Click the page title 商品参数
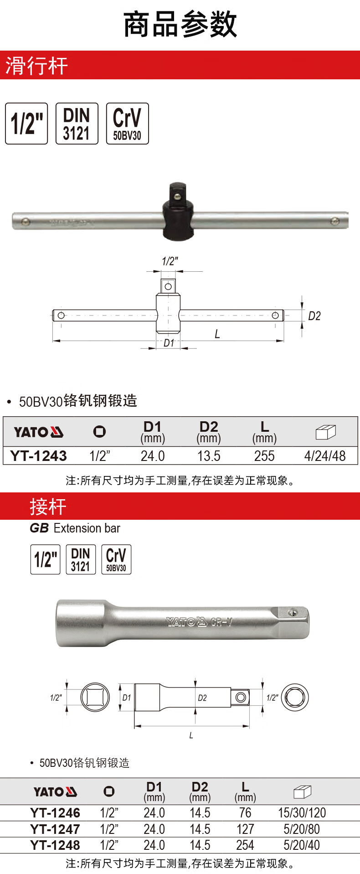(x=180, y=25)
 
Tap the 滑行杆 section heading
(x=36, y=66)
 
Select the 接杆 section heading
(x=48, y=507)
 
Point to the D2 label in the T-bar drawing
(x=314, y=316)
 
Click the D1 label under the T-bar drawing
(x=169, y=343)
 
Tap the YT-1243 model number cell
(x=39, y=456)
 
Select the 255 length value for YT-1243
(x=264, y=456)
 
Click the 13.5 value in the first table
(x=209, y=456)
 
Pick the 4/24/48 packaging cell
(x=325, y=456)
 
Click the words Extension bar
(x=87, y=528)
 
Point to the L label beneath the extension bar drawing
(x=191, y=735)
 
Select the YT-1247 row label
(x=55, y=829)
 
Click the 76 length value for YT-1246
(x=245, y=813)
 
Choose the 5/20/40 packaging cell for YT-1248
(x=302, y=845)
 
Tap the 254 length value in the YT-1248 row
(x=245, y=845)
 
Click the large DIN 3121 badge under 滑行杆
(x=77, y=124)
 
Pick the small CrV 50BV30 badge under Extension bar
(x=116, y=559)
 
